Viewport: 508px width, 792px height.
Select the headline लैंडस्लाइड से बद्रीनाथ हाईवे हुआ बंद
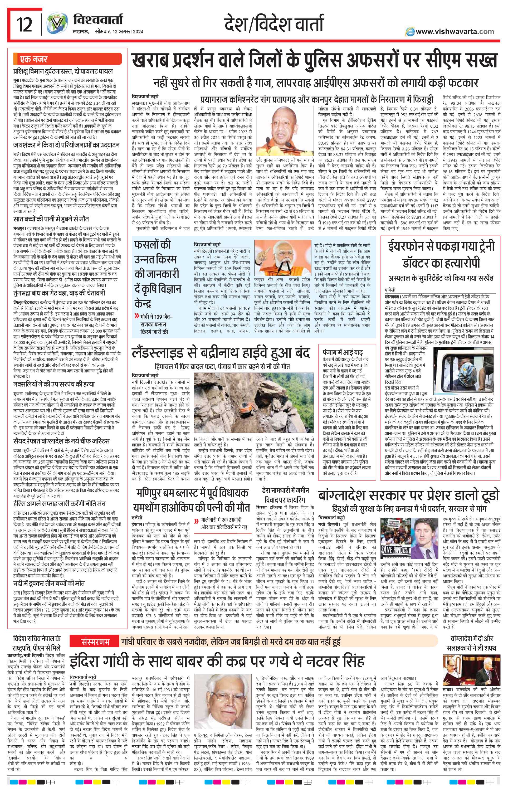(x=221, y=354)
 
